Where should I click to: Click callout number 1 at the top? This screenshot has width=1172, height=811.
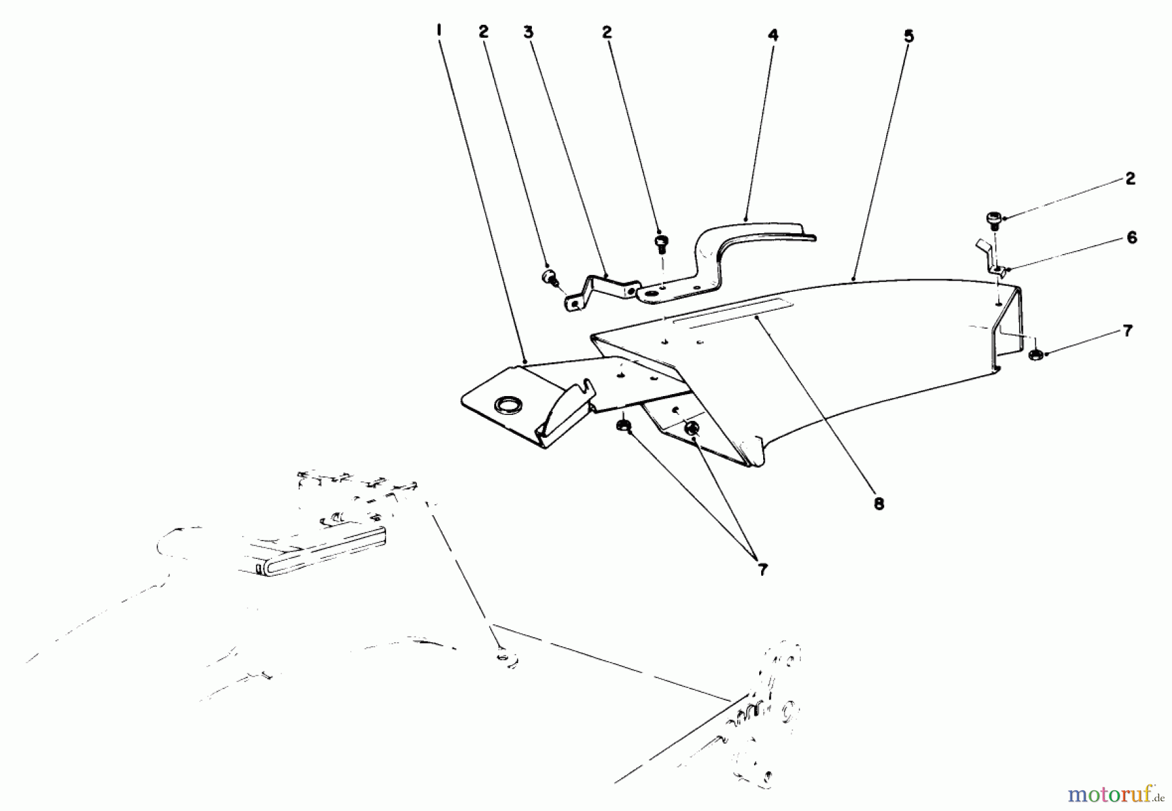click(x=439, y=30)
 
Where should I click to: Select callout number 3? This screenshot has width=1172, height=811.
click(x=529, y=31)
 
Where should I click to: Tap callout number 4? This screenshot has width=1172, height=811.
click(x=773, y=35)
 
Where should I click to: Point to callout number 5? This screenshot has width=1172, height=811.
click(x=909, y=36)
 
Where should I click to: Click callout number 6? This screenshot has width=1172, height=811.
click(x=1132, y=238)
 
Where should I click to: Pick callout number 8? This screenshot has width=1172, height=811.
click(x=879, y=504)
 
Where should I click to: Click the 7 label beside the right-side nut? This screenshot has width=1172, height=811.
click(x=1128, y=331)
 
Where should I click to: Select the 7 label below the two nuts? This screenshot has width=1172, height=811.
click(x=762, y=570)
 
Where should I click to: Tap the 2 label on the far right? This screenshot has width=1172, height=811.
click(x=1130, y=178)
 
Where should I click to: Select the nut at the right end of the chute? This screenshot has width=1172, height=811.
click(x=1035, y=354)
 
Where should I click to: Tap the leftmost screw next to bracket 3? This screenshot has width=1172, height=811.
click(x=548, y=277)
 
